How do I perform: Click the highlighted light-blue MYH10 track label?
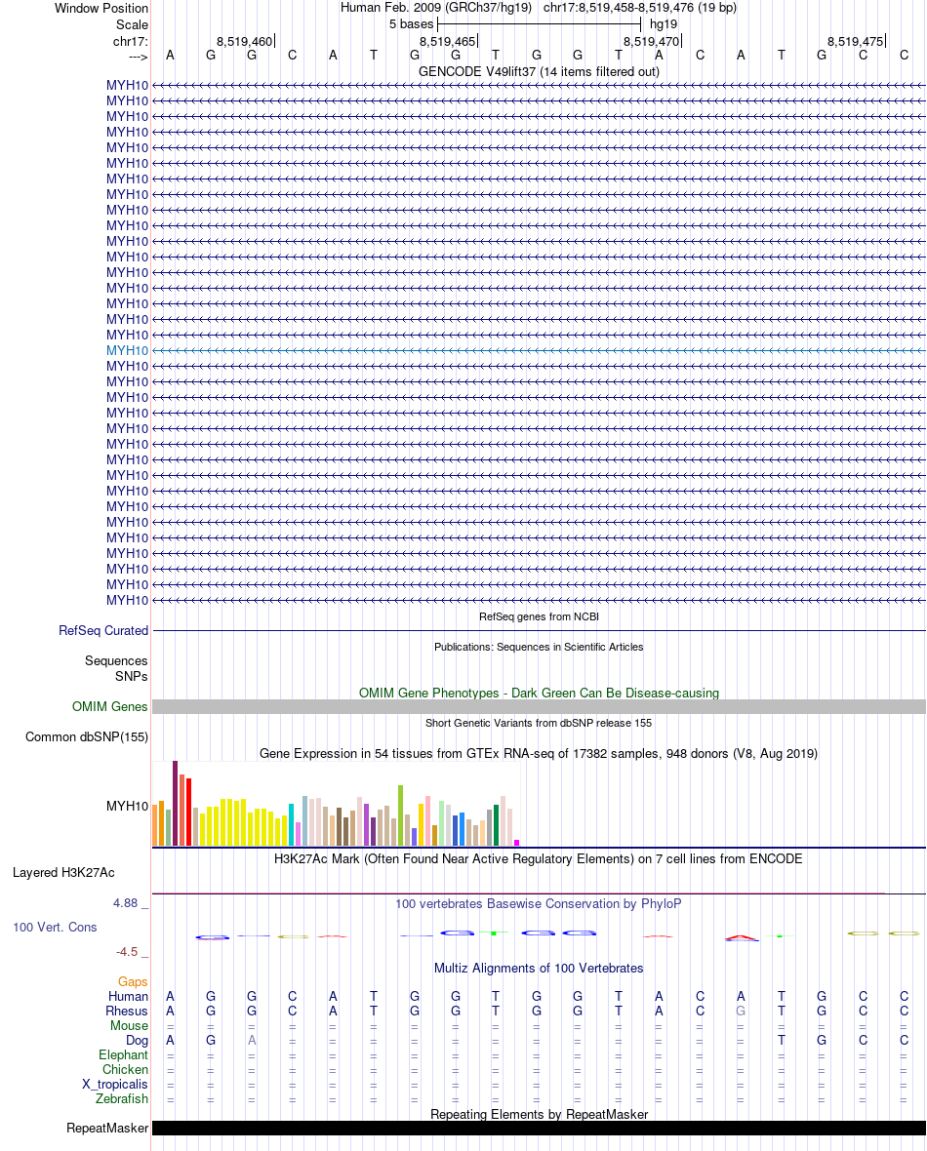127,350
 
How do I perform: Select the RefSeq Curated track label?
103,631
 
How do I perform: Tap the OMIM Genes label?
109,707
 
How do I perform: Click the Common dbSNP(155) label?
86,737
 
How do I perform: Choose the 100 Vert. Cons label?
55,927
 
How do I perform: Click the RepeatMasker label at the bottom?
107,1129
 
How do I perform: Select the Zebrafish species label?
122,1099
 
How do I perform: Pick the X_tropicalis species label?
115,1085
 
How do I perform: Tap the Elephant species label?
123,1055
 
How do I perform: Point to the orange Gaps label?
133,981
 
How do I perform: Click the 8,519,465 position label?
447,41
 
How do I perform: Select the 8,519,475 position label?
855,41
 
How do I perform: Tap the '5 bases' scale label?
411,23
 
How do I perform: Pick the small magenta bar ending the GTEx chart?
517,843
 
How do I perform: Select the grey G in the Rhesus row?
741,1012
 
